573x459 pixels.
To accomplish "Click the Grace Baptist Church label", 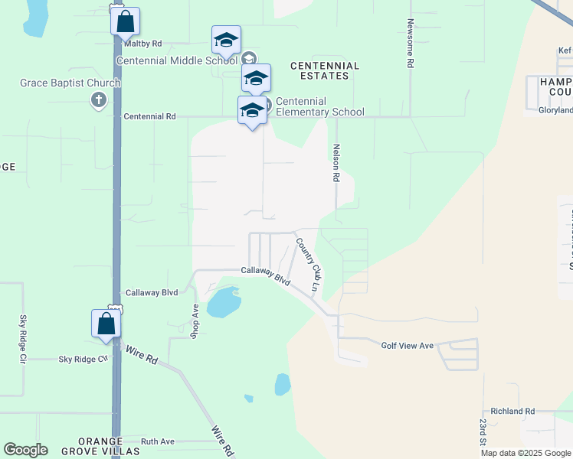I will coord(70,83).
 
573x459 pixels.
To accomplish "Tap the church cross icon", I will coord(98,100).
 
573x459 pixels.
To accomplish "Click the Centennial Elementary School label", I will coord(319,106).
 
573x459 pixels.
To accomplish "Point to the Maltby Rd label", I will coord(146,44).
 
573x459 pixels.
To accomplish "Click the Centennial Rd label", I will coord(150,117).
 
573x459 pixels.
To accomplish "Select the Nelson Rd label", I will coord(335,163).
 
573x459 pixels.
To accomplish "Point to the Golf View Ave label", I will coord(408,346).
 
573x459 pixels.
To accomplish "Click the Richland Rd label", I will coord(512,411).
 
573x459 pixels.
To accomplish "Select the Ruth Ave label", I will coord(158,441).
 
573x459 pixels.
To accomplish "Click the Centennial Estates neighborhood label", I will coord(325,71).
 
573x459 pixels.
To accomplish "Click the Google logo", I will coord(25,450).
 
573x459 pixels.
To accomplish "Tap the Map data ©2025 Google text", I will coord(526,453).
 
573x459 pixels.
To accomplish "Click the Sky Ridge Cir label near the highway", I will coord(83,359).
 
